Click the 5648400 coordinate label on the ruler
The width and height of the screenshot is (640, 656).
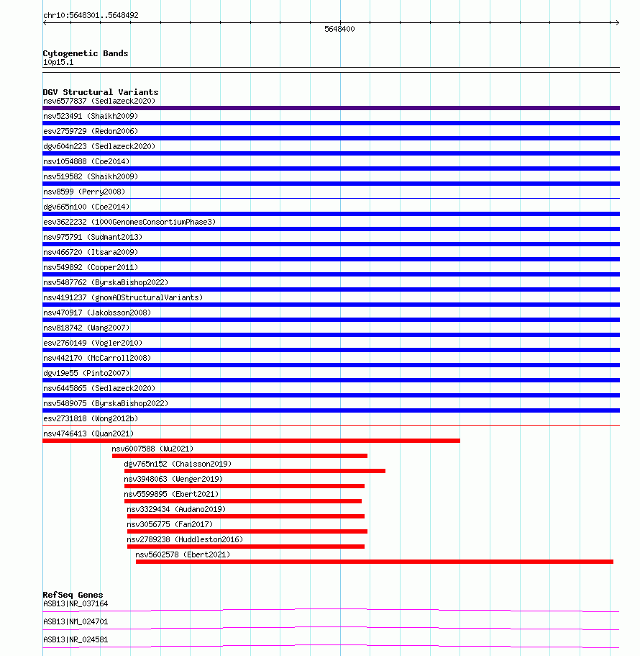[x=339, y=30]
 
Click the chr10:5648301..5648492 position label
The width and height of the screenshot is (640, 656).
[x=91, y=15]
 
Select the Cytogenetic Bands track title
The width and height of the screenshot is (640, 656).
[x=86, y=53]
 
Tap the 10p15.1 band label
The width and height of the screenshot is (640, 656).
[x=58, y=62]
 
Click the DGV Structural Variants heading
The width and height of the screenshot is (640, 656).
[x=101, y=92]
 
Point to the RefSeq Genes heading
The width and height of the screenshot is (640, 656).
[x=73, y=595]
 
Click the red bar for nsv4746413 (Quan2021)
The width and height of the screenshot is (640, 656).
[x=251, y=441]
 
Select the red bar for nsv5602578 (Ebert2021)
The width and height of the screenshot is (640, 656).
[x=374, y=562]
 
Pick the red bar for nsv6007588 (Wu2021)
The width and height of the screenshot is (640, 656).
[x=239, y=456]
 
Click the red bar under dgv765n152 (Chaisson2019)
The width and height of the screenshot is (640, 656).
[x=255, y=471]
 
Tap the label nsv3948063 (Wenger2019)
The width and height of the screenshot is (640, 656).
[x=173, y=479]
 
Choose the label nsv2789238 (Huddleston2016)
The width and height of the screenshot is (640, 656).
[x=185, y=539]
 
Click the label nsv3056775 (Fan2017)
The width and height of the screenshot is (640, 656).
[x=170, y=524]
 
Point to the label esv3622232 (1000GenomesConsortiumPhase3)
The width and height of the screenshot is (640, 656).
[x=129, y=222]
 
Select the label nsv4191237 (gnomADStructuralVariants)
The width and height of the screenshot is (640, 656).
[x=123, y=297]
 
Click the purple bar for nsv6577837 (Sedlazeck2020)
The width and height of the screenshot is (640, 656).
[x=331, y=108]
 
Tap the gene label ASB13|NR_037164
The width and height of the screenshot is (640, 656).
[x=76, y=603]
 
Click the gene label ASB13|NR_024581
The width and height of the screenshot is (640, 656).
[x=76, y=639]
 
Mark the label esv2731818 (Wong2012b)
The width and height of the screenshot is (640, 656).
[x=91, y=418]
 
